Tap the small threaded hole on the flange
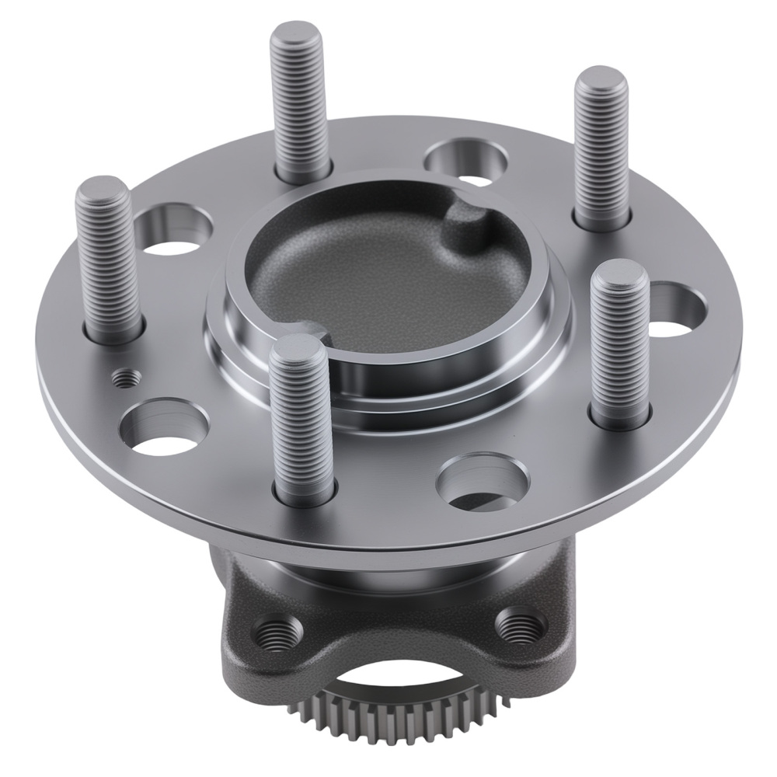(127, 378)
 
